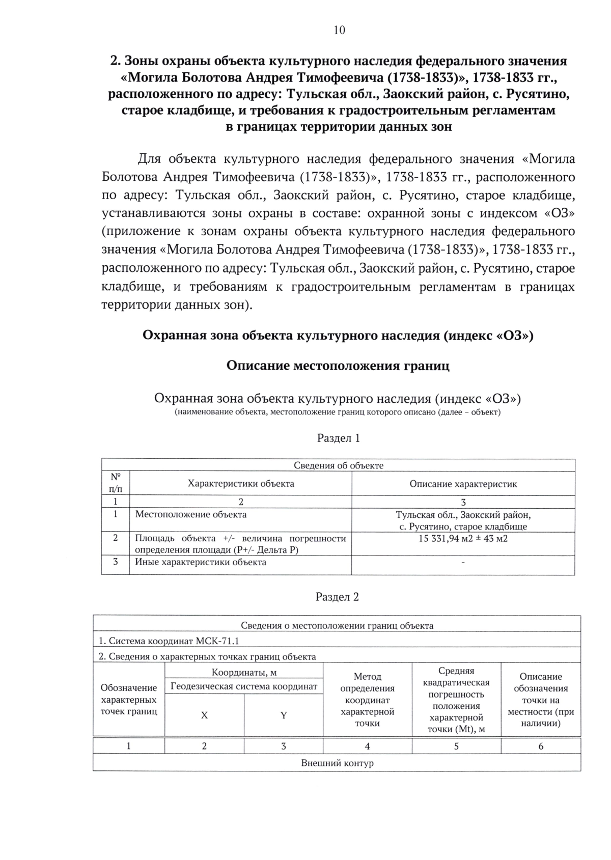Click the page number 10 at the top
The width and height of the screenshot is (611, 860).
tap(339, 30)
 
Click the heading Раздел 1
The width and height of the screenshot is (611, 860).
tap(339, 438)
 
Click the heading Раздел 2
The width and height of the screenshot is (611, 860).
tap(337, 597)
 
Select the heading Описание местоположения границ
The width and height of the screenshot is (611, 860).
tap(338, 366)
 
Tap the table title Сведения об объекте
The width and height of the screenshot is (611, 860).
tap(339, 465)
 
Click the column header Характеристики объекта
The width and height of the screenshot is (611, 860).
tap(241, 484)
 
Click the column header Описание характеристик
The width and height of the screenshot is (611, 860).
tap(463, 484)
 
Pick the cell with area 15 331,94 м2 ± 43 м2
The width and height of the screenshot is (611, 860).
tap(463, 538)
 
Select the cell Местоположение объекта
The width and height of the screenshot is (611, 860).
tap(191, 514)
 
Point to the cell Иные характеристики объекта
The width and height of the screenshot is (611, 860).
tap(201, 562)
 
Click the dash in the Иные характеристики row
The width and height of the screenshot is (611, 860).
tap(463, 563)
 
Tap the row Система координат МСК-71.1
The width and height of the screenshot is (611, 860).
tap(169, 641)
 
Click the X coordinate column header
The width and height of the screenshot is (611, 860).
tap(204, 715)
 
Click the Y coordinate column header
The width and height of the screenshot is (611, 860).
tap(284, 715)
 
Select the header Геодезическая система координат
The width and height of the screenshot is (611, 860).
tap(244, 686)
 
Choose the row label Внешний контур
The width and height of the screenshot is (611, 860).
tap(337, 763)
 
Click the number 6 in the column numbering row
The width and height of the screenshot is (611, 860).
tap(541, 746)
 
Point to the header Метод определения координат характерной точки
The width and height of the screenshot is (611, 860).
tap(367, 700)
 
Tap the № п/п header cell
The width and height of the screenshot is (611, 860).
tap(116, 483)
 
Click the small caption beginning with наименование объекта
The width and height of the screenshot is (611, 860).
tap(338, 412)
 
